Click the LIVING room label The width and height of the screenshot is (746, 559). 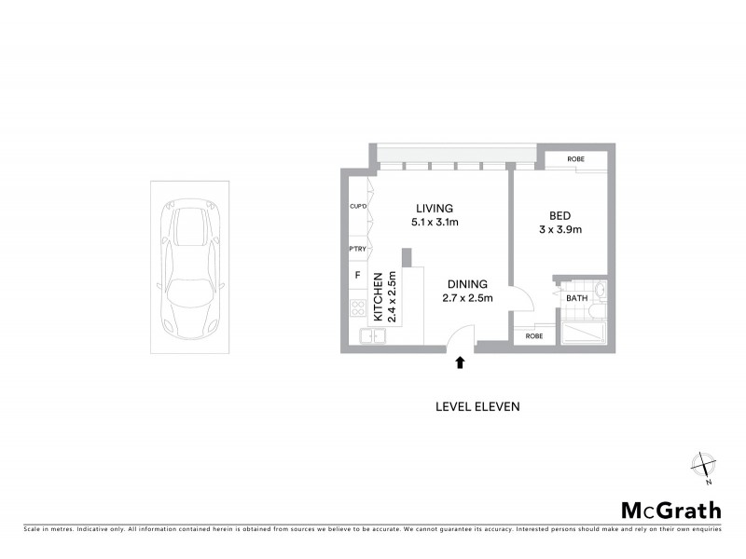[434, 208]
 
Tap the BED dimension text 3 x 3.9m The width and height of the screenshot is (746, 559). [560, 230]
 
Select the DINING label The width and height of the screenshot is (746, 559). [466, 284]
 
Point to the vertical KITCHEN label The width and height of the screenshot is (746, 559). [379, 296]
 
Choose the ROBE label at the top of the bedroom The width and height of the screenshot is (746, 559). [575, 159]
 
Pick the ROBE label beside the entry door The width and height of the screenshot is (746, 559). [534, 335]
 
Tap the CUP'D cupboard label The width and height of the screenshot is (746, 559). [357, 206]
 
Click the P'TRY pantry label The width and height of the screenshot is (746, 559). [357, 249]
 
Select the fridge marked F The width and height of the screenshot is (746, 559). [357, 276]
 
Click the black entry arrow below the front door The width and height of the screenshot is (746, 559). [459, 362]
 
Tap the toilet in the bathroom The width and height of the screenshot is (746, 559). [601, 292]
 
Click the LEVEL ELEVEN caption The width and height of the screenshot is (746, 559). [477, 406]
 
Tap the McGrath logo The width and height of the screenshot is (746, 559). [670, 510]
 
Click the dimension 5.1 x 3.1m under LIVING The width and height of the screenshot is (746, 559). [435, 223]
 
